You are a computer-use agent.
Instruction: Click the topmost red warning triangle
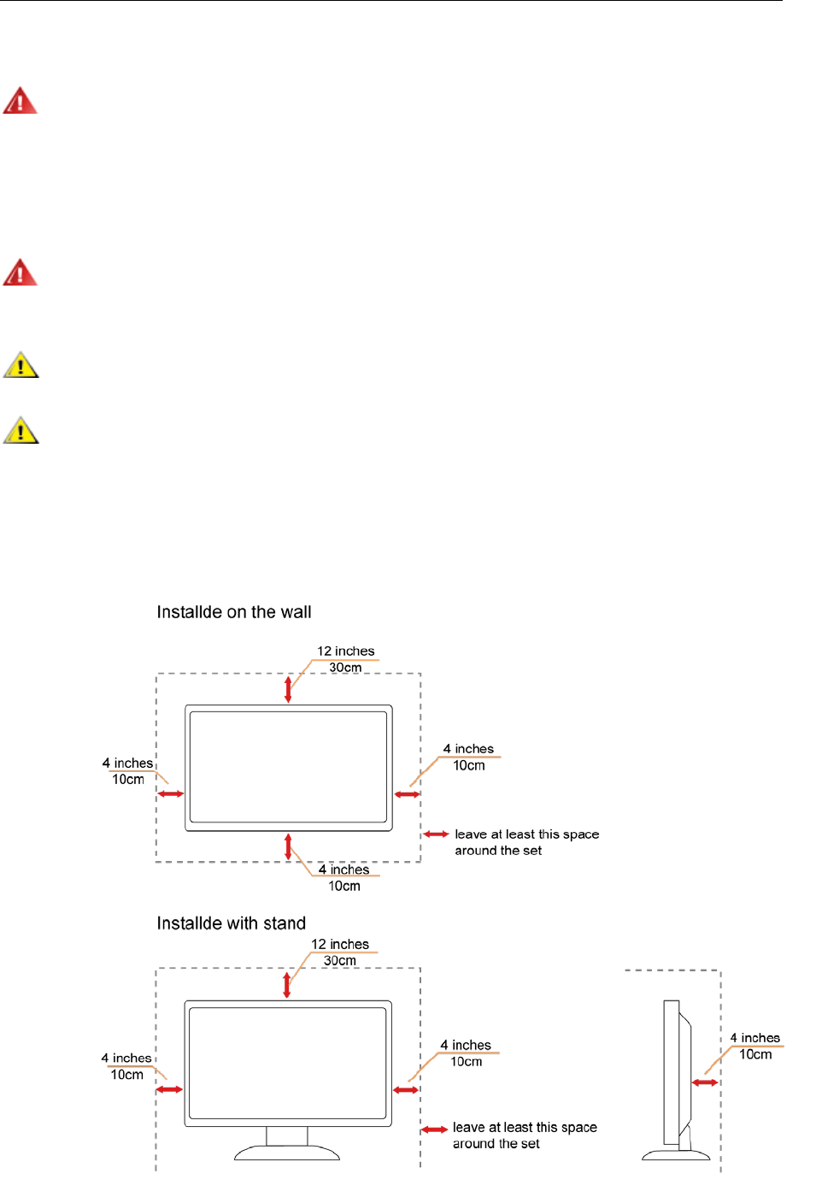point(20,101)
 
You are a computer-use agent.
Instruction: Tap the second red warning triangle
point(20,273)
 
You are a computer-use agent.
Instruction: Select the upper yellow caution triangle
point(21,365)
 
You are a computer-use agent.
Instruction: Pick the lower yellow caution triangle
point(21,430)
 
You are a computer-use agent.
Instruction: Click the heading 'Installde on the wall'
point(233,612)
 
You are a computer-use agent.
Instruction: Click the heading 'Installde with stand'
point(231,923)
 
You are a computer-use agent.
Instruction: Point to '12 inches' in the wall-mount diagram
point(345,651)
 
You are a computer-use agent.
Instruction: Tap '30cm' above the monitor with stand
point(339,960)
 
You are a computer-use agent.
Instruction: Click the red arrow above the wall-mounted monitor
point(288,689)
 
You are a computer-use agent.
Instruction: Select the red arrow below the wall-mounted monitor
point(288,846)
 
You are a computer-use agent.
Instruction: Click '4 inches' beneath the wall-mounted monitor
point(343,870)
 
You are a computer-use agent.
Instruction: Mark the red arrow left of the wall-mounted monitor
point(171,794)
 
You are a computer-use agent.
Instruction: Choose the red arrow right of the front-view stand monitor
point(406,1090)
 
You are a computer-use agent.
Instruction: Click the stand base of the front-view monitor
point(287,1153)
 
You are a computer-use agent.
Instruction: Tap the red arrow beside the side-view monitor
point(705,1082)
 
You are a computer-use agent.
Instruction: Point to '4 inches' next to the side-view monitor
point(754,1038)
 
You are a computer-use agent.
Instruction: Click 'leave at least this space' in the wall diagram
point(526,834)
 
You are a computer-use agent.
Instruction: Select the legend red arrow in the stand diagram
point(435,1129)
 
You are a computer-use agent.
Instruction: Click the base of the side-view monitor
point(676,1155)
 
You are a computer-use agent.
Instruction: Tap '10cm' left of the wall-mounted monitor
point(128,780)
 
